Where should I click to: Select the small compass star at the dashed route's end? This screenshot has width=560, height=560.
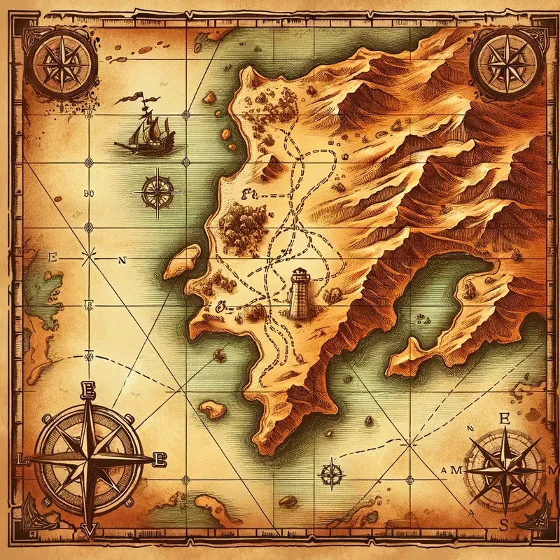tap(329, 472)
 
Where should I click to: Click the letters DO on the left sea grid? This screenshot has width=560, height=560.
tap(88, 192)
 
